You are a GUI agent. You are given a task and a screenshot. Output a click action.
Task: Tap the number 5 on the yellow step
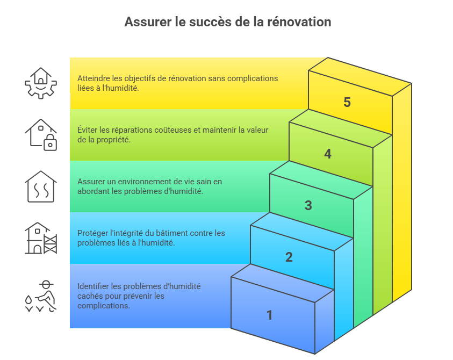(347, 102)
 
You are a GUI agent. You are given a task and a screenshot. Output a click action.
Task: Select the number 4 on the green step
(328, 154)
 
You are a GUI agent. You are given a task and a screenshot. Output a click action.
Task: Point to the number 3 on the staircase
(308, 205)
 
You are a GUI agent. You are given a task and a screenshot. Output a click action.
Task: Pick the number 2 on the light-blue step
(289, 257)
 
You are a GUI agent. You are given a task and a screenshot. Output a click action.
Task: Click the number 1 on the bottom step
(270, 315)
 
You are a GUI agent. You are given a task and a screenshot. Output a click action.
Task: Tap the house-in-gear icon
(41, 83)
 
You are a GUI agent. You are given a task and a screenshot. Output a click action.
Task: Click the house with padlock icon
(41, 134)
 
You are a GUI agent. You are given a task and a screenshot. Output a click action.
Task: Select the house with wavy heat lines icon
(41, 186)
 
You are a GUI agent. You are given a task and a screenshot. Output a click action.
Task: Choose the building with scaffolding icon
(41, 238)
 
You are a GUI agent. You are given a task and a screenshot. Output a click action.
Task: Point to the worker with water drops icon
(41, 296)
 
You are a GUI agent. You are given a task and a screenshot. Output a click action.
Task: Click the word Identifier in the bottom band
(94, 286)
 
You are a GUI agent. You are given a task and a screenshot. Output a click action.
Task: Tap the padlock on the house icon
(50, 144)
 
